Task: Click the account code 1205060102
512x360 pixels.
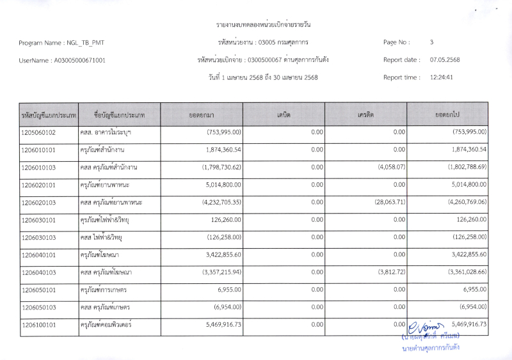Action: [38, 132]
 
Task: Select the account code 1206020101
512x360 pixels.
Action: [38, 185]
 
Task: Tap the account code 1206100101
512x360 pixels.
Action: [38, 325]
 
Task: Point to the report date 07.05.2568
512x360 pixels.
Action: [445, 60]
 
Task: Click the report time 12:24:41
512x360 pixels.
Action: [442, 77]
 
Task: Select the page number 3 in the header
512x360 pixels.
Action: [431, 42]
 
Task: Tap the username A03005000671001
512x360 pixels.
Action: [80, 60]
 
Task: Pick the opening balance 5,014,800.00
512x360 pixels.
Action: [215, 185]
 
